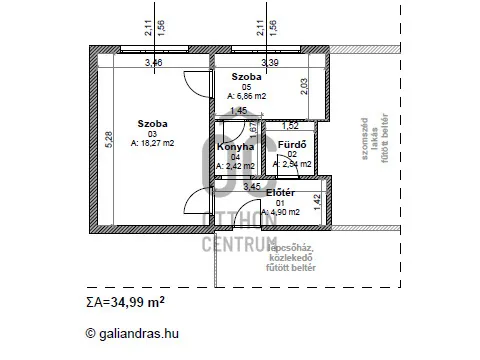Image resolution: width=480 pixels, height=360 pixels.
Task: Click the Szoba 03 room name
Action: pyautogui.click(x=153, y=123)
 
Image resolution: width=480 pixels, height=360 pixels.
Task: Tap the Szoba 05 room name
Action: pyautogui.click(x=246, y=77)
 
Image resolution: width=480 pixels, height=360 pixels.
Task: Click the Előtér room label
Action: pyautogui.click(x=279, y=192)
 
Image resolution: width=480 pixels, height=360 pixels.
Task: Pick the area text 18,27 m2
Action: pyautogui.click(x=153, y=143)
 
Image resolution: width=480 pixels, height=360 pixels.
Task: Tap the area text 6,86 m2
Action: pyautogui.click(x=246, y=96)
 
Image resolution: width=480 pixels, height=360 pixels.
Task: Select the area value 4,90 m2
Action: pyautogui.click(x=279, y=211)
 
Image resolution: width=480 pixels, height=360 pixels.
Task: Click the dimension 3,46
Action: pyautogui.click(x=153, y=63)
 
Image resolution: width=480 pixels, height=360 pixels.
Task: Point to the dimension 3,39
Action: pyautogui.click(x=269, y=63)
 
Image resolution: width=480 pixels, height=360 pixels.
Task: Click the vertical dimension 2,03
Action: pyautogui.click(x=305, y=86)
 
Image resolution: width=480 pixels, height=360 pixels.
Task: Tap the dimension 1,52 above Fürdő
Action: pyautogui.click(x=290, y=126)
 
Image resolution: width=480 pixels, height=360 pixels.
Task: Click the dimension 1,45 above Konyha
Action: pyautogui.click(x=237, y=111)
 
